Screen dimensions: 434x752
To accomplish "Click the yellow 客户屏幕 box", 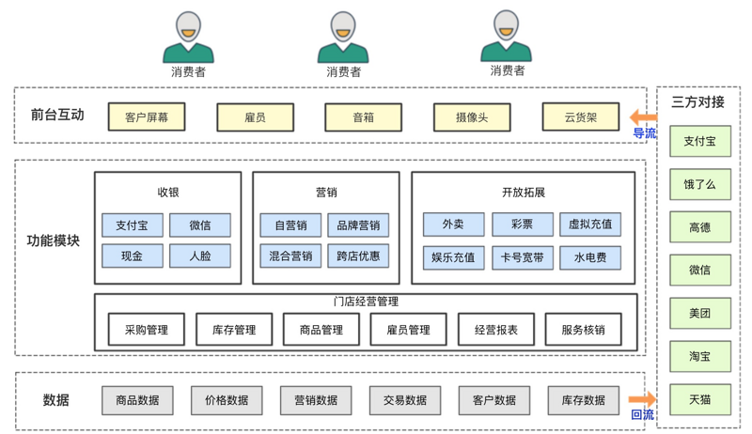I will pyautogui.click(x=147, y=117).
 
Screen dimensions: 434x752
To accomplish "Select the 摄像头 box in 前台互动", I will pyautogui.click(x=471, y=117).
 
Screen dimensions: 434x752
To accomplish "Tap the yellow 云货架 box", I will pyautogui.click(x=580, y=117).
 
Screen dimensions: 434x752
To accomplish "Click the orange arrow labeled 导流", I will pyautogui.click(x=644, y=118).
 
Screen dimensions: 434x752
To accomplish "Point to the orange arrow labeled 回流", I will pyautogui.click(x=643, y=401).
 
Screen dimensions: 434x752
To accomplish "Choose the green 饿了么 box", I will pyautogui.click(x=699, y=184).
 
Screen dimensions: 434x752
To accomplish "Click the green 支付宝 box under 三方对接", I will pyautogui.click(x=699, y=142).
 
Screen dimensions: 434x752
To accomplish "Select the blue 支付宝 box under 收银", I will pyautogui.click(x=132, y=225).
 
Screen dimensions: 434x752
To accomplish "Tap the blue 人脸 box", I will pyautogui.click(x=199, y=256).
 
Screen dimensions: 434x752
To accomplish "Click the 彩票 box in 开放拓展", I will pyautogui.click(x=522, y=225).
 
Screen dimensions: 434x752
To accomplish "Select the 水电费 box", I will pyautogui.click(x=589, y=257).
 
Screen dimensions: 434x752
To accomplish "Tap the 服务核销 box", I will pyautogui.click(x=583, y=330).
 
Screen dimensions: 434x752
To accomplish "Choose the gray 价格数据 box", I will pyautogui.click(x=227, y=400).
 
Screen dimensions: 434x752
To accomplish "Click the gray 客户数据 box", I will pyautogui.click(x=493, y=400).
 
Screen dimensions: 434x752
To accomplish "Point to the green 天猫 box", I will pyautogui.click(x=699, y=400).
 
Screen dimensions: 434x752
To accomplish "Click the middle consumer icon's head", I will pyautogui.click(x=343, y=27).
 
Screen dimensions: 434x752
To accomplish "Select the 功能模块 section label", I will pyautogui.click(x=54, y=240).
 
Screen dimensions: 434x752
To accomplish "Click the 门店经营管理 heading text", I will pyautogui.click(x=366, y=302).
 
